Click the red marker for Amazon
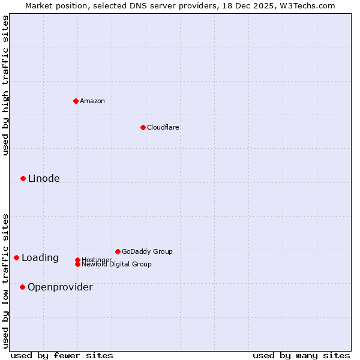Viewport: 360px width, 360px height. pos(76,101)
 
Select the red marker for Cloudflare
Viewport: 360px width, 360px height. pos(143,127)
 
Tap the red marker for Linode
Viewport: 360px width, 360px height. pos(23,178)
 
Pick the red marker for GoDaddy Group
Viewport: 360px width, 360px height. pos(118,251)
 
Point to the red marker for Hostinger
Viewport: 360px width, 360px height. pos(77,260)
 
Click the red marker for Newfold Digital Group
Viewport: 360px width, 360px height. pos(77,265)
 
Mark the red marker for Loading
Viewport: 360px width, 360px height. pos(16,257)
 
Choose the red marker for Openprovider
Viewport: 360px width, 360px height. pos(22,287)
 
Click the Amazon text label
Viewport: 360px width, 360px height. pos(92,101)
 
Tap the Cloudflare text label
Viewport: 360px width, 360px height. pos(163,127)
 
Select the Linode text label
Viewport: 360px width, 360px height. pos(44,178)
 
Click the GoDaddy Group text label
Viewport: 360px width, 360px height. pos(147,251)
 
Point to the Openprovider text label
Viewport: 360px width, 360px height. pos(60,287)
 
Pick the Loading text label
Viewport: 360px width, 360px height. pos(40,258)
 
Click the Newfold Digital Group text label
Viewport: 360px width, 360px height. pos(116,265)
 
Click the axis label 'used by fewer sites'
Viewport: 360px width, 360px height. pos(62,356)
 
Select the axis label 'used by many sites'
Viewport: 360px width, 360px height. pos(301,356)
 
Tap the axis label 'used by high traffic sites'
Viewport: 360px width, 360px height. pos(5,85)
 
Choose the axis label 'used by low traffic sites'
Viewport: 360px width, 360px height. pos(5,280)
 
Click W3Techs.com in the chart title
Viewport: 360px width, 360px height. pos(307,5)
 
